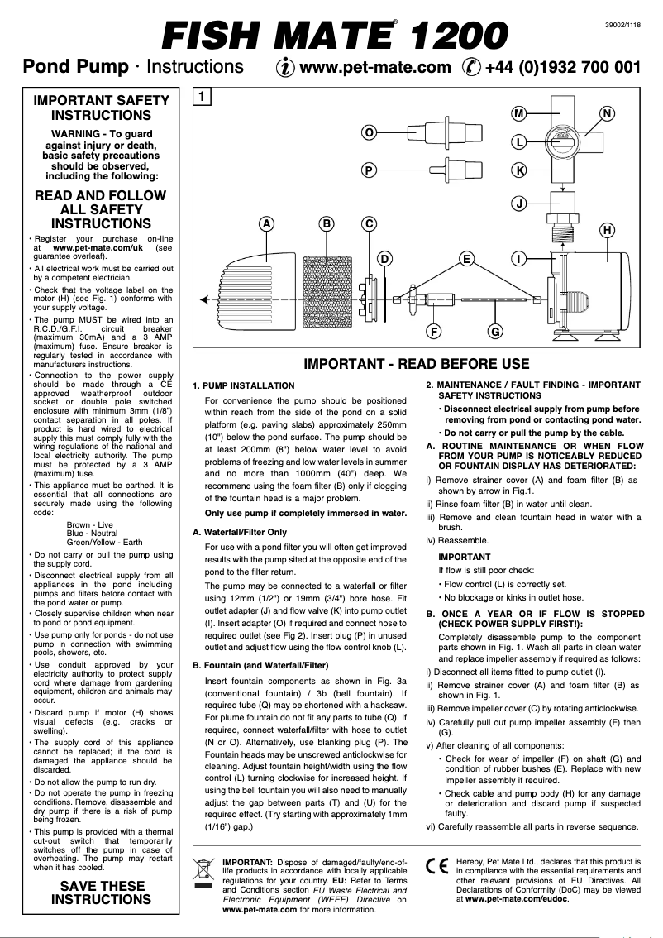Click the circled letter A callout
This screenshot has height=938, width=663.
coord(266,223)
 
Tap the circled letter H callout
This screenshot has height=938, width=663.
coord(607,229)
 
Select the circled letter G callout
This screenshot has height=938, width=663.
coord(494,332)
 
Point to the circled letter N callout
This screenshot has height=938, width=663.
coord(608,113)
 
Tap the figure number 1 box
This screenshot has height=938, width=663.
coord(202,97)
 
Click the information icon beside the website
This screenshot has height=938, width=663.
coord(282,67)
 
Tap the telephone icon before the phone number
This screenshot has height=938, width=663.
coord(472,67)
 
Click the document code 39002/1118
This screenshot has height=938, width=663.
coord(624,26)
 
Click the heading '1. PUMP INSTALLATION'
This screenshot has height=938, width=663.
coord(243,386)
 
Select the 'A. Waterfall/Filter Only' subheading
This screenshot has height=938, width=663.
coord(240,532)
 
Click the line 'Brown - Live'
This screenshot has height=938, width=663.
coord(90,525)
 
